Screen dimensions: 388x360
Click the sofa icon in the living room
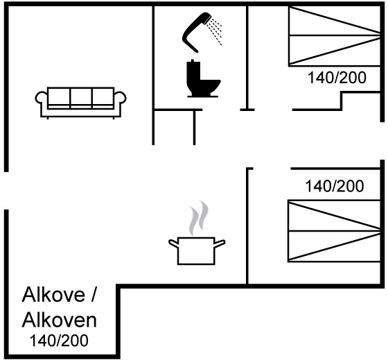80,103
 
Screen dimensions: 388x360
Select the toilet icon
203,79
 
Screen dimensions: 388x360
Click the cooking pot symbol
197,250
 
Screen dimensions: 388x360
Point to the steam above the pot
198,218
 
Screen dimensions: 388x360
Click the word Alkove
53,295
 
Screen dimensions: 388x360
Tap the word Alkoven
60,320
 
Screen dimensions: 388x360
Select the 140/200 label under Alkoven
59,341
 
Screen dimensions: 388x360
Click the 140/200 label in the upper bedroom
337,78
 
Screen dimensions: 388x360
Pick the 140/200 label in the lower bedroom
335,186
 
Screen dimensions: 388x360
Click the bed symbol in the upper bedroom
334,36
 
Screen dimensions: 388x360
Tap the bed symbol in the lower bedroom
334,231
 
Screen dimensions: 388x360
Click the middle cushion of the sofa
81,96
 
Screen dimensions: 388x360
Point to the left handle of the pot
173,243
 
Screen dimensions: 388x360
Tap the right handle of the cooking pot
220,243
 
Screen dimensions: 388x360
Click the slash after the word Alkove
93,294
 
